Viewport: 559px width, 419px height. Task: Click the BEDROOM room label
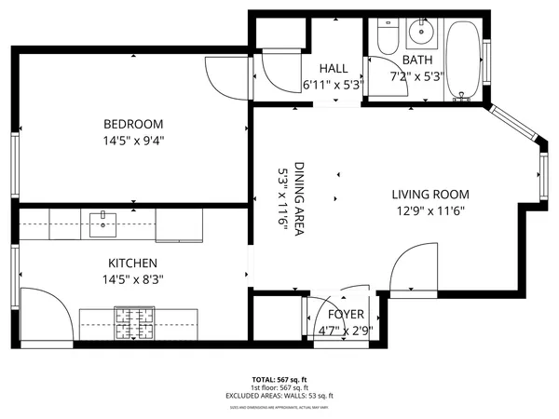pos(133,124)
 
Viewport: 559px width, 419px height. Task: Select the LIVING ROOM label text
pos(429,195)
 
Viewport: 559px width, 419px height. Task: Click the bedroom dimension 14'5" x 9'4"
pos(133,141)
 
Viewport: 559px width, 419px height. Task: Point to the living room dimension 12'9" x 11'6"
pos(429,210)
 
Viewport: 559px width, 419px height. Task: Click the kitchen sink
pos(102,221)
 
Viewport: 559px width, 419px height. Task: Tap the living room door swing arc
pos(410,265)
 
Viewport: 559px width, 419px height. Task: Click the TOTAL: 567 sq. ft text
pos(279,380)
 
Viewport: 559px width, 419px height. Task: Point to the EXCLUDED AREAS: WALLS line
pos(279,397)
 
